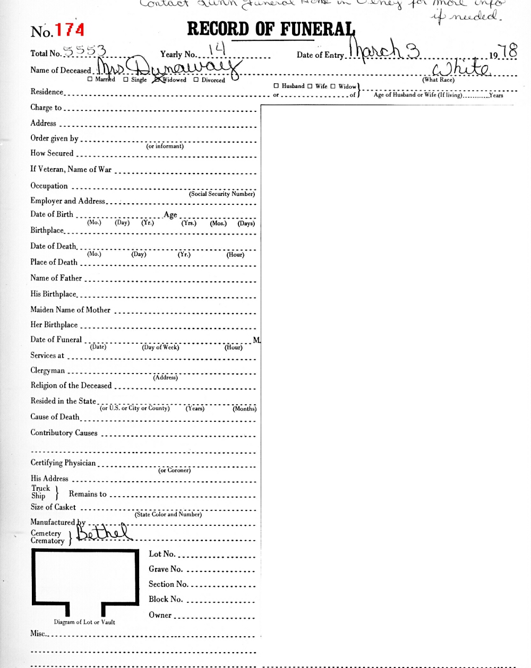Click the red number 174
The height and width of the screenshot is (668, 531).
[69, 30]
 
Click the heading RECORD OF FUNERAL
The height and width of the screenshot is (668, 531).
[271, 29]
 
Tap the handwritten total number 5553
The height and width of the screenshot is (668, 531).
[84, 51]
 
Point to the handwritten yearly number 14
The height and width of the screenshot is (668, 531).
[217, 50]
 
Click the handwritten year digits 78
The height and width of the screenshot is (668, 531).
[509, 51]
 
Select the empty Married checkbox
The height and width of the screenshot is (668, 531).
[90, 80]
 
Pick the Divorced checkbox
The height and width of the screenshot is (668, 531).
[196, 80]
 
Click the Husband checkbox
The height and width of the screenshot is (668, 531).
[276, 86]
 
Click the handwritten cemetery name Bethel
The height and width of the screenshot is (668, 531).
[103, 532]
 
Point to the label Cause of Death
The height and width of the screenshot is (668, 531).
[55, 417]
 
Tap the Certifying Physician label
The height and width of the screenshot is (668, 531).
[63, 463]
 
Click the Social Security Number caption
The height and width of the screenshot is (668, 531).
[222, 194]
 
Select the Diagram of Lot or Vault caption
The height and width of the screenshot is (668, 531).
[84, 622]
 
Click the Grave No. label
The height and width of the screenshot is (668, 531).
[165, 569]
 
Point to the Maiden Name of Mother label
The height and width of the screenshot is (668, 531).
[70, 310]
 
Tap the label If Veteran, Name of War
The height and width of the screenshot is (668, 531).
[71, 169]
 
